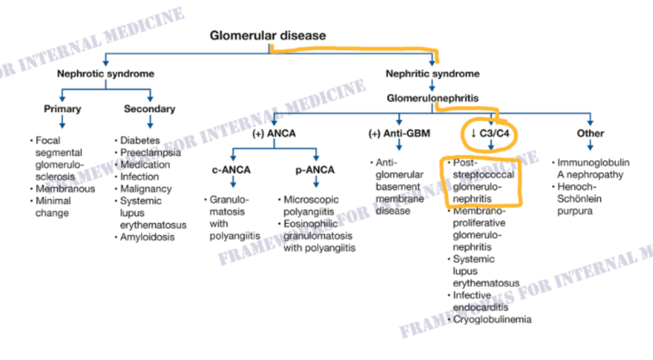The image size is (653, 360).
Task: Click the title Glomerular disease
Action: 268,36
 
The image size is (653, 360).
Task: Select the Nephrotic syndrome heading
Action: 105,74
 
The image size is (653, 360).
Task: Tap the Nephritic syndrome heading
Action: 432,74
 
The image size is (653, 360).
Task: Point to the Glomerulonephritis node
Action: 432,98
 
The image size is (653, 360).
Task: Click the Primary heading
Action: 62,109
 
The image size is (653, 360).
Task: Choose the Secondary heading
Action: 149,109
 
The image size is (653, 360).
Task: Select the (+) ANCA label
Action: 274,134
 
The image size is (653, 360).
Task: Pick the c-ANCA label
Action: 231,170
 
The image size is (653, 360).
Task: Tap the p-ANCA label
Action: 315,170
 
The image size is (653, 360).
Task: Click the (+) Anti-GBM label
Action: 400,134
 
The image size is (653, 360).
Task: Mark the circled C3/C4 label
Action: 490,134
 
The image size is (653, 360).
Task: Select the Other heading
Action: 590,134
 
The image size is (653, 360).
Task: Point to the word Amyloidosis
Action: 147,237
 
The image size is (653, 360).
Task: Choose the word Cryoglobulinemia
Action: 492,320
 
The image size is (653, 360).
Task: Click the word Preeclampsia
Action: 150,152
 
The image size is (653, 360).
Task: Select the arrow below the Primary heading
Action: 62,122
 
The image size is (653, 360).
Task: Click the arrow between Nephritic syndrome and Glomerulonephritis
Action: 432,86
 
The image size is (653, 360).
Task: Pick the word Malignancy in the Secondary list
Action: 146,189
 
